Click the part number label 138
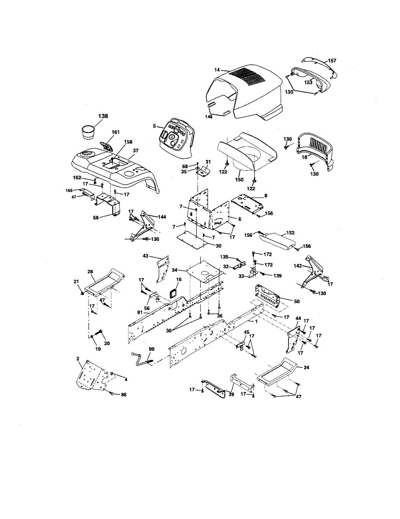point(103,116)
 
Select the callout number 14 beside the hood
point(217,70)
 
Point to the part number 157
point(332,61)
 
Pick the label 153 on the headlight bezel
point(308,83)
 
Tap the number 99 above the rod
point(151,349)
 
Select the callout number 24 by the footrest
point(306,367)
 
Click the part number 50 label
point(297,301)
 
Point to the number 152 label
point(290,233)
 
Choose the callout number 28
point(90,272)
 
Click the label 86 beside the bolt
point(124,395)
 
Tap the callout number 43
point(145,256)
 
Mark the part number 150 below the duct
point(239,179)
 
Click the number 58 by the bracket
point(96,218)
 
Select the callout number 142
point(298,266)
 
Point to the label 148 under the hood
point(209,117)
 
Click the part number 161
point(115,132)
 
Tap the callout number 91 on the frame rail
point(140,312)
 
